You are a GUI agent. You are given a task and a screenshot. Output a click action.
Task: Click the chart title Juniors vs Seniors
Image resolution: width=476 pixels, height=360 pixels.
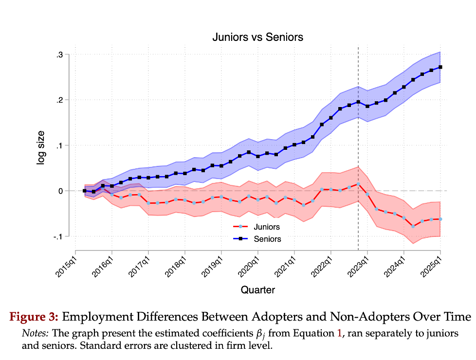click(x=258, y=37)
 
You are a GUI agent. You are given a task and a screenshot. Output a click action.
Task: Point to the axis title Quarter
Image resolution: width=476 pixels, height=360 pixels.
click(x=258, y=290)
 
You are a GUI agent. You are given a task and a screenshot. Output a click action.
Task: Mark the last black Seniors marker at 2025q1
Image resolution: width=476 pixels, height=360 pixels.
click(x=440, y=67)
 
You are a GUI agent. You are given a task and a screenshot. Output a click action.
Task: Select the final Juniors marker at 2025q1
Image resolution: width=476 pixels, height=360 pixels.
click(x=440, y=219)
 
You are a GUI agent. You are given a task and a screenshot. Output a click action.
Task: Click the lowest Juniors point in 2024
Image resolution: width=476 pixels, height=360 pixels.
click(x=413, y=226)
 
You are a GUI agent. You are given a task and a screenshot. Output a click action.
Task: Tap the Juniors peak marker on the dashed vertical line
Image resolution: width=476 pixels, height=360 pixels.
click(x=358, y=184)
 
